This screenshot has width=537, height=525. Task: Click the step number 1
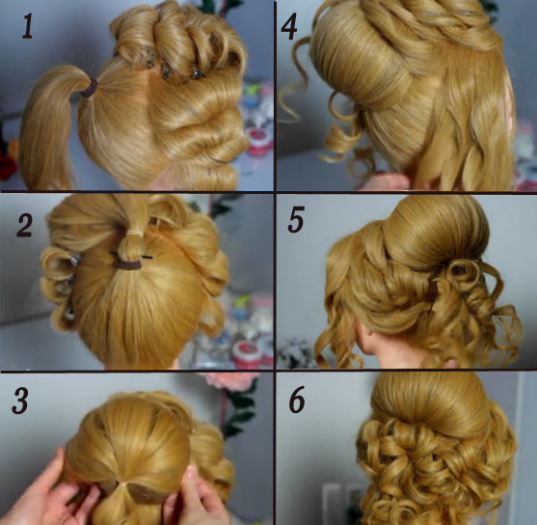pyautogui.click(x=28, y=26)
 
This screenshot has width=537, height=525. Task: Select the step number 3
pyautogui.click(x=20, y=401)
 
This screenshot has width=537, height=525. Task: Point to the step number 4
pyautogui.click(x=288, y=26)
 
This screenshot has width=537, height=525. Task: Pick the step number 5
pyautogui.click(x=296, y=220)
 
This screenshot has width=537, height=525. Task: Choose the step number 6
pyautogui.click(x=297, y=400)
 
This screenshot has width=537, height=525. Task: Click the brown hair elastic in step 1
pyautogui.click(x=89, y=89)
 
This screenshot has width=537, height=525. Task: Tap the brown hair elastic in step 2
pyautogui.click(x=129, y=264)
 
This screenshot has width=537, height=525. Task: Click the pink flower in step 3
pyautogui.click(x=230, y=381)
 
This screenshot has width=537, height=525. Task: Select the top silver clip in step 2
pyautogui.click(x=76, y=260)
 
